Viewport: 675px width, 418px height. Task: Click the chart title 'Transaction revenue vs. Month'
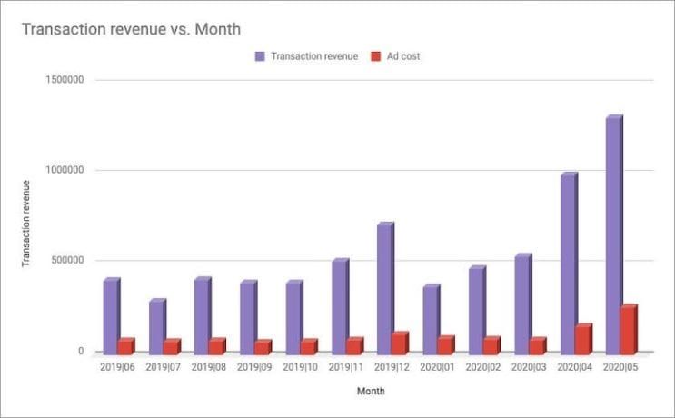[131, 29]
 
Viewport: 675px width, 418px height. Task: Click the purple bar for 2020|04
[568, 263]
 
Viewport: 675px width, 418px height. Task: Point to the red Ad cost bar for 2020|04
[581, 339]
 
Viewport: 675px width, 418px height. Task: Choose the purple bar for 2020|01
[430, 319]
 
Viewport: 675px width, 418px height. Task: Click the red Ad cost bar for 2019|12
[398, 343]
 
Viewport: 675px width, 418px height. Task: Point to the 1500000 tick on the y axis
[64, 80]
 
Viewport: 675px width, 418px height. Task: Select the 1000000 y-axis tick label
[64, 171]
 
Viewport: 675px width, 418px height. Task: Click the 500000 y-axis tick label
[66, 261]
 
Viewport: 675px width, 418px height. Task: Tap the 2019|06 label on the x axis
[117, 367]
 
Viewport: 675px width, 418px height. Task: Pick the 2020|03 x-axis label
[529, 367]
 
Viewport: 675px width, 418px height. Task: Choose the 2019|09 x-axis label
[254, 367]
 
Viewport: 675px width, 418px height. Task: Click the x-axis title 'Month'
[370, 392]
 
